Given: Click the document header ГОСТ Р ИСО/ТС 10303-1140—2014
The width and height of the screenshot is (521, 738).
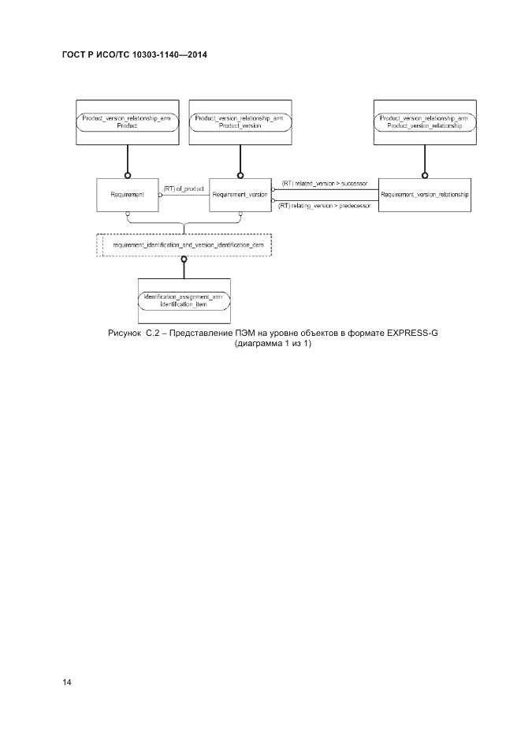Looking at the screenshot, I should click(x=140, y=56).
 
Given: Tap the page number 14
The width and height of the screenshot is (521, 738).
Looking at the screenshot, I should click(x=67, y=681).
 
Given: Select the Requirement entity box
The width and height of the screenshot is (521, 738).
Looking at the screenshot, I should click(x=126, y=194).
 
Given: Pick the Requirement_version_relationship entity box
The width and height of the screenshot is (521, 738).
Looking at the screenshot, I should click(x=424, y=194).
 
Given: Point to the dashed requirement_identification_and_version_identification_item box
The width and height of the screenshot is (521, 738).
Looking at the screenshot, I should click(x=184, y=246).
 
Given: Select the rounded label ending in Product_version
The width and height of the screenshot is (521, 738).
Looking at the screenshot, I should click(x=239, y=121).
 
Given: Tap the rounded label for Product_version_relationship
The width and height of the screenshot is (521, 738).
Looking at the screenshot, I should click(x=424, y=121).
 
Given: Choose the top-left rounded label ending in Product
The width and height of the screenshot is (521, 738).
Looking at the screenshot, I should click(x=126, y=121).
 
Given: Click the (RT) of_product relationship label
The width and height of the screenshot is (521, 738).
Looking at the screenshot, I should click(x=184, y=188).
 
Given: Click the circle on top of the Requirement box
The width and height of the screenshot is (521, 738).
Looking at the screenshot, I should click(x=126, y=175).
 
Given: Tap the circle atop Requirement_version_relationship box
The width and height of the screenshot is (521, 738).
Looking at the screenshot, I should click(x=424, y=175).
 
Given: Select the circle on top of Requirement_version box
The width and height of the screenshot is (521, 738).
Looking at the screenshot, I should click(x=239, y=175).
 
